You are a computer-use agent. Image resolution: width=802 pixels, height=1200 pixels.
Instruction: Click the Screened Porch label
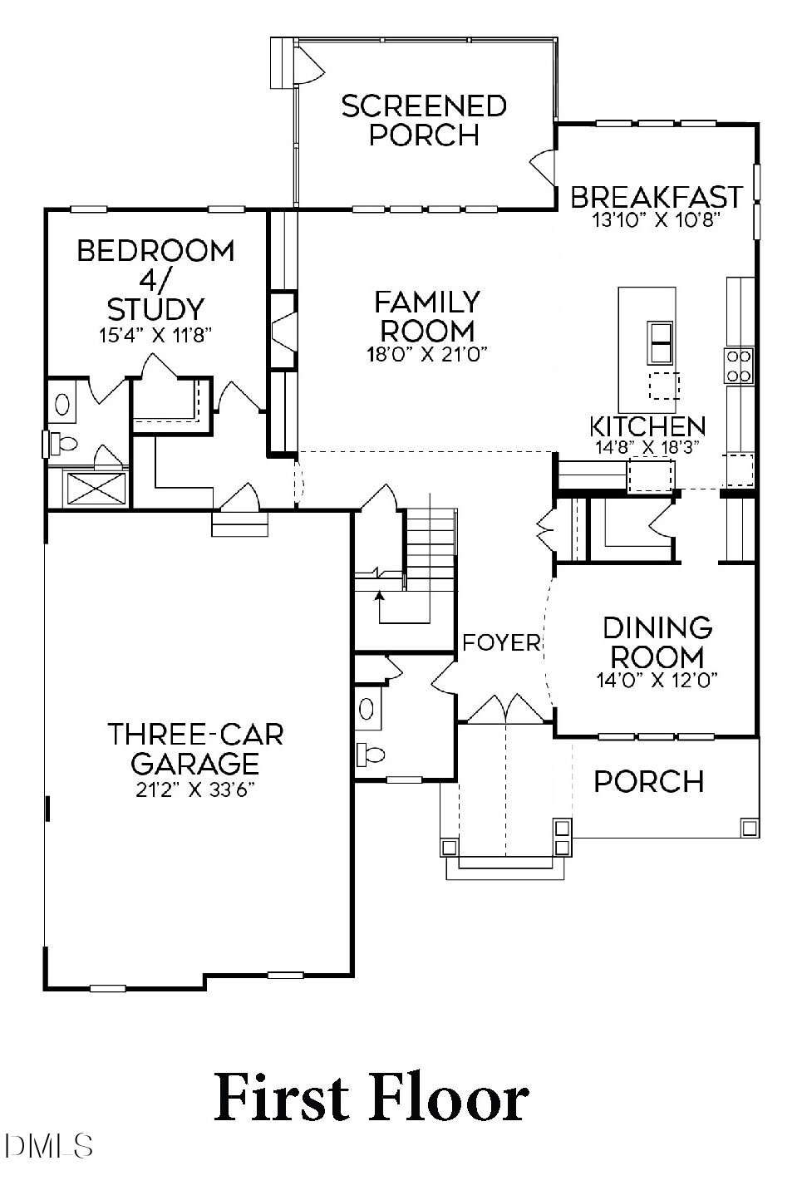tap(424, 120)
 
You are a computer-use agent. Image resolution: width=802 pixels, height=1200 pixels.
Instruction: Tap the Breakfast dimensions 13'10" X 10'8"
tap(655, 220)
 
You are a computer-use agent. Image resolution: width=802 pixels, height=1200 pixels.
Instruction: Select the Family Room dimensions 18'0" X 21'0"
tap(426, 353)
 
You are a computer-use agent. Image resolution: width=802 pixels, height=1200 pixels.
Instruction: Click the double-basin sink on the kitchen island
tap(661, 342)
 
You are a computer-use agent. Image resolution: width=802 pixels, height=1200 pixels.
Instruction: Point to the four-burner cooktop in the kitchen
tap(739, 366)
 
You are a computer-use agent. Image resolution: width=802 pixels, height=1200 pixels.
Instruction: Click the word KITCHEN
tap(647, 426)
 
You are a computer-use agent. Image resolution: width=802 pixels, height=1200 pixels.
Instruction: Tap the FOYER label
tap(501, 642)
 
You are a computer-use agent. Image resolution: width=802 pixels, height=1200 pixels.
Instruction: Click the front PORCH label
tap(649, 781)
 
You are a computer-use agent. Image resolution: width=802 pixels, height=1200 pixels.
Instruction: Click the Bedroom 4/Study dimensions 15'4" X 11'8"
tap(155, 335)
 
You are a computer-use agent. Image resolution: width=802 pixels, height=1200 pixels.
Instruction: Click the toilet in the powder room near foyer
tap(371, 755)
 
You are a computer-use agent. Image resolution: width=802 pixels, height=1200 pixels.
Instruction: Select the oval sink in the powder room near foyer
tap(367, 709)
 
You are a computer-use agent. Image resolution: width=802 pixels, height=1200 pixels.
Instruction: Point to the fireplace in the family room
tap(283, 329)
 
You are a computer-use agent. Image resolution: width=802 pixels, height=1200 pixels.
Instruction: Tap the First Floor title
tap(371, 1098)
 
